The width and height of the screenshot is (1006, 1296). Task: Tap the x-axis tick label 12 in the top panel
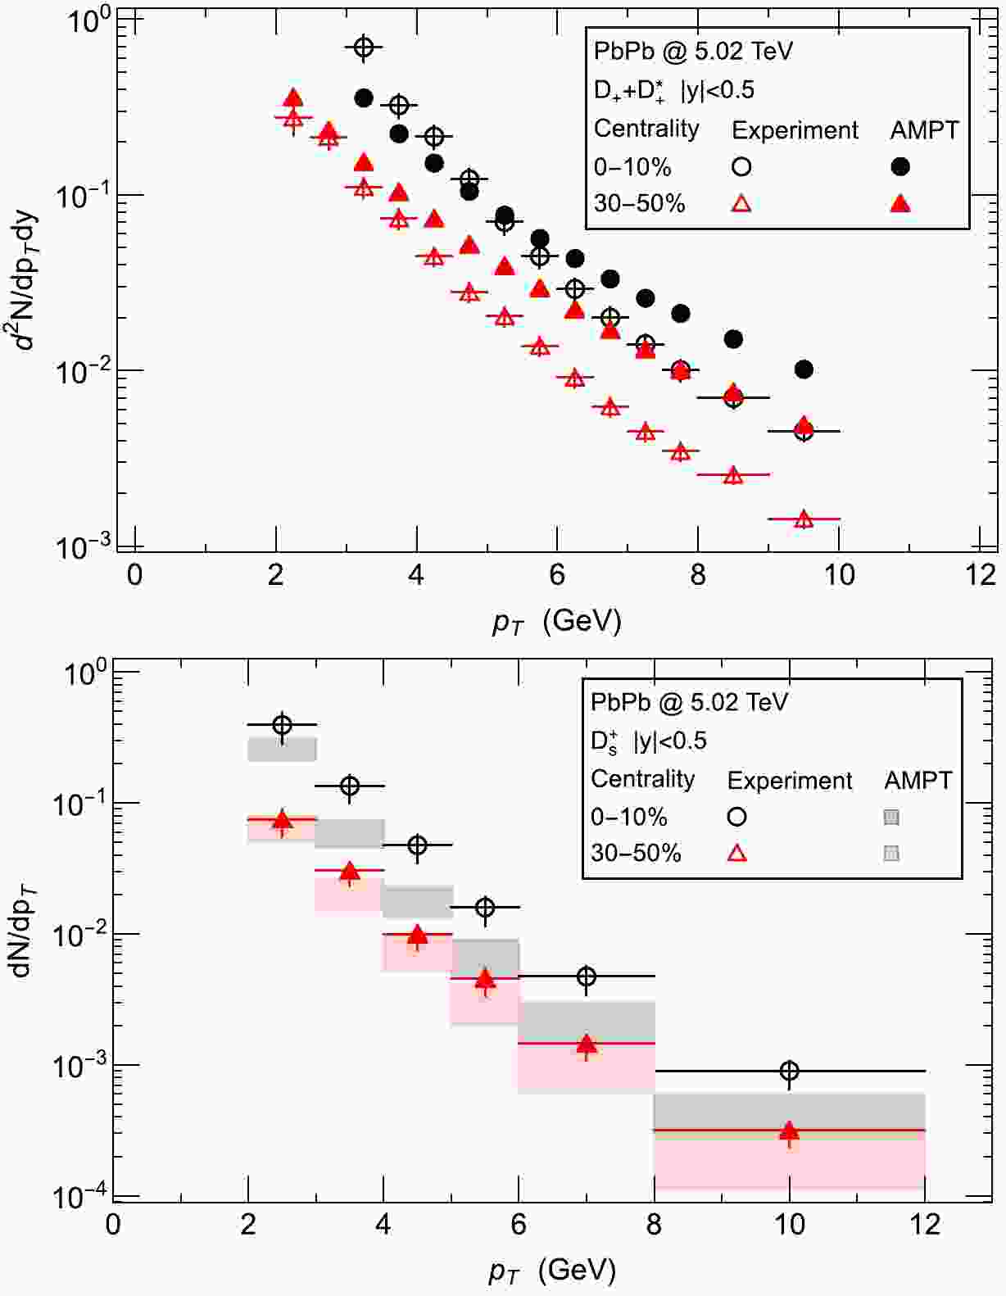[x=981, y=574]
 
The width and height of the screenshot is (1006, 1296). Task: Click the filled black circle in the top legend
[x=900, y=166]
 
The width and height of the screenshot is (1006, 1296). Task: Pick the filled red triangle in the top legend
[x=900, y=202]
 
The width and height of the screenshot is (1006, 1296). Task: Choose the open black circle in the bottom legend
[x=736, y=817]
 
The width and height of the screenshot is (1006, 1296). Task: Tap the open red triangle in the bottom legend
[x=736, y=853]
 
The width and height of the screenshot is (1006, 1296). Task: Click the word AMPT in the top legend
[x=924, y=129]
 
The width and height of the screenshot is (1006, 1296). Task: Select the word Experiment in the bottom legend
[x=790, y=781]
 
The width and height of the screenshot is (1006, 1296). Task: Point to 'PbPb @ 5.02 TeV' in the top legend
[x=693, y=52]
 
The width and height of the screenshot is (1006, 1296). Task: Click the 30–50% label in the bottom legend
[x=636, y=853]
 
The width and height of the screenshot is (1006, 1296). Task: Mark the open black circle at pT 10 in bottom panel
[x=789, y=1071]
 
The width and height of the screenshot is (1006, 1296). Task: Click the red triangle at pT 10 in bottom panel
[x=789, y=1131]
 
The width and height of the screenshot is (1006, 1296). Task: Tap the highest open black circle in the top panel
[x=364, y=48]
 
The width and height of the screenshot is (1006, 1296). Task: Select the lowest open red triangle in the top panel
[x=804, y=519]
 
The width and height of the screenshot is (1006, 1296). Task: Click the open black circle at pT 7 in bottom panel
[x=587, y=977]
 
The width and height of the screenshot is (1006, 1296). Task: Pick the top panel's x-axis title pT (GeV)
[x=557, y=621]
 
